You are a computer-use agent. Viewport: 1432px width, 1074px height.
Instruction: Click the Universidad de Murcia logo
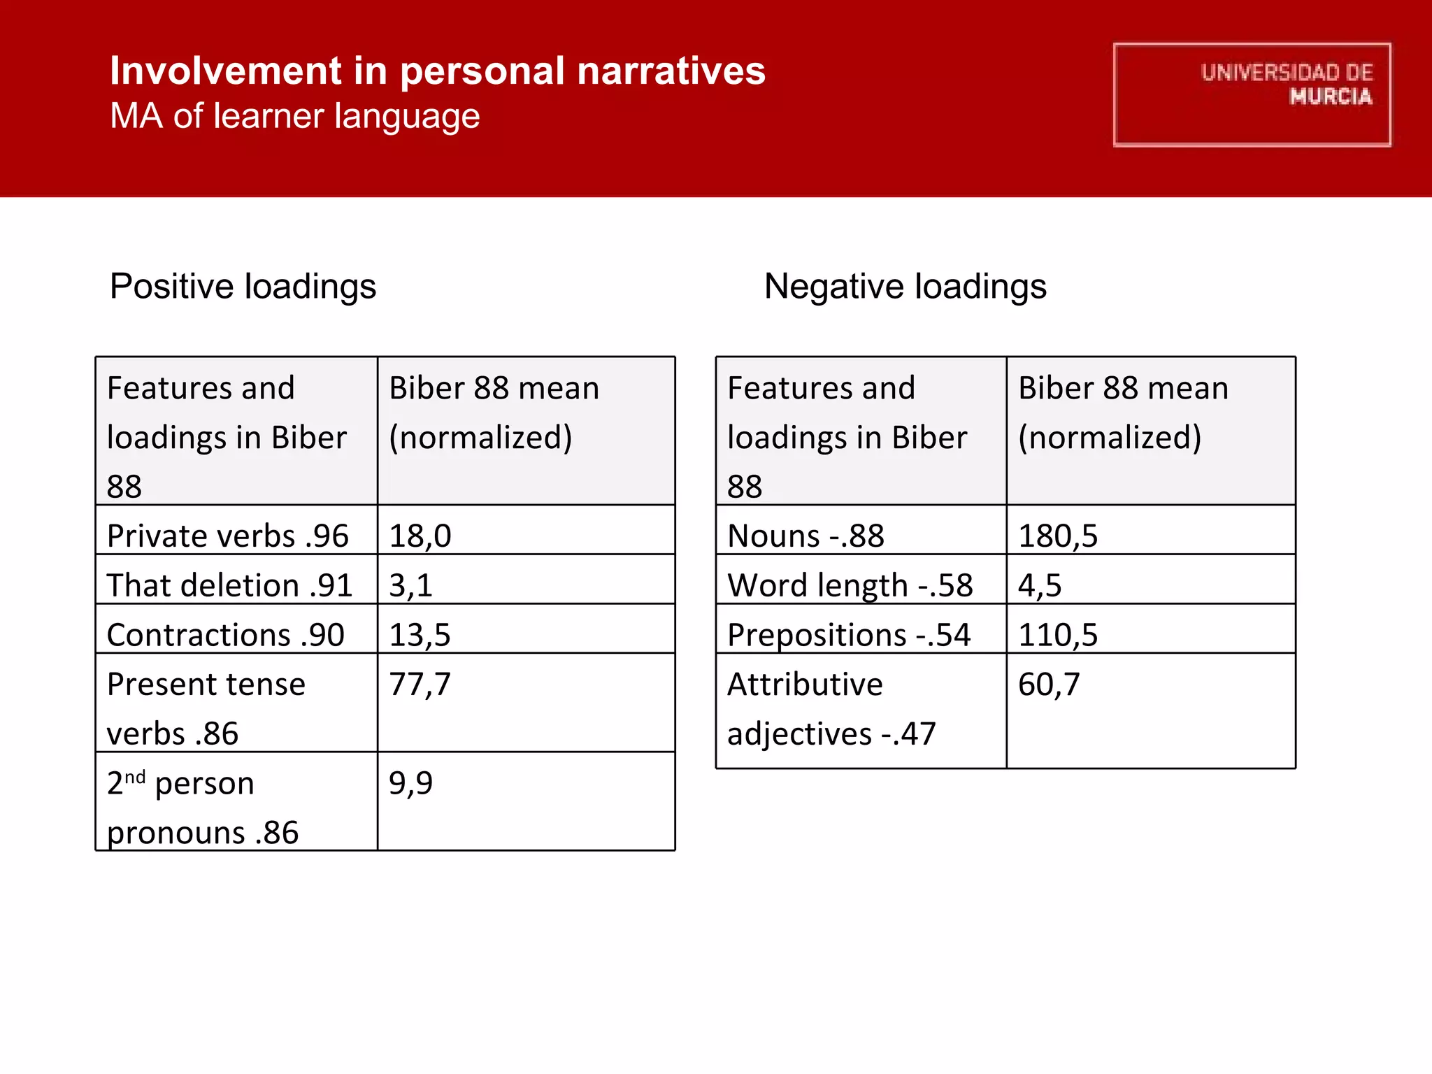pos(1252,94)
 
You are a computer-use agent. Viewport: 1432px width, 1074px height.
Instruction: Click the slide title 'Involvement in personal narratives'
pos(438,71)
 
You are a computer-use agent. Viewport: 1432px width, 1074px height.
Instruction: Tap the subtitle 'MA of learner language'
pos(295,116)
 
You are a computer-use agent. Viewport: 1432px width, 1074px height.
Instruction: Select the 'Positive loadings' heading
pos(243,287)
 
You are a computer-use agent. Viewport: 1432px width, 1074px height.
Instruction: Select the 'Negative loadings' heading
pos(905,287)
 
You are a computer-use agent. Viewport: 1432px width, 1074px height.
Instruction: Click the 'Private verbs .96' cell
pos(227,536)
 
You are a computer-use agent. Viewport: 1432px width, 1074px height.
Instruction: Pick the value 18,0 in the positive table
pos(420,536)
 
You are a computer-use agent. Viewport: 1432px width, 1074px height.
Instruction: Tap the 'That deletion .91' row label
pos(229,585)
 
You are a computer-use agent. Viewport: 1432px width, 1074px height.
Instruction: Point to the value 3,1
pos(410,585)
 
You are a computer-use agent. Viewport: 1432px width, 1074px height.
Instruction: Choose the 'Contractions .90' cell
pos(225,635)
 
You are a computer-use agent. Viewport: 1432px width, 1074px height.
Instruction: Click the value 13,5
pos(420,635)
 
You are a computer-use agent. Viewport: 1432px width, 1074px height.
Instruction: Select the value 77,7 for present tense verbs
pos(420,685)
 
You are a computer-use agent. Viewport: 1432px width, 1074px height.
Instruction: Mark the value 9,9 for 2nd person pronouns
pos(410,783)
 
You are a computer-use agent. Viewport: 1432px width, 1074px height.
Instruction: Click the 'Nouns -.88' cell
pos(805,536)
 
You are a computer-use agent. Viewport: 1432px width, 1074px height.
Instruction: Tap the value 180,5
pos(1058,536)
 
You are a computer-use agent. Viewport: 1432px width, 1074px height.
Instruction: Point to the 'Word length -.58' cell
pos(850,585)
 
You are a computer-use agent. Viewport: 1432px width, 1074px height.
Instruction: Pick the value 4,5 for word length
pos(1040,585)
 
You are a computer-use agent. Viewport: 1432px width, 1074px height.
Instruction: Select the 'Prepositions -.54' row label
pos(849,635)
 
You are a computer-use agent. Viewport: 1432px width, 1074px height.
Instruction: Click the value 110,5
pos(1058,635)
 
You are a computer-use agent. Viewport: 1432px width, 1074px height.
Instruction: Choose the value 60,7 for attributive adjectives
pos(1049,685)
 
